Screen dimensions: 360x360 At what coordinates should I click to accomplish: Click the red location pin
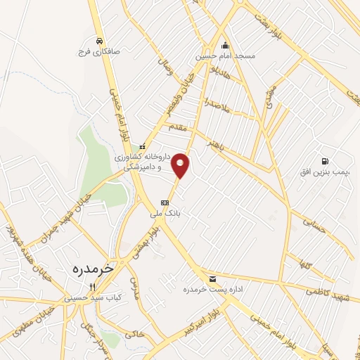pyautogui.click(x=181, y=165)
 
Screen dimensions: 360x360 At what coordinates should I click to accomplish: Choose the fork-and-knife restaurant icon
pyautogui.click(x=91, y=287)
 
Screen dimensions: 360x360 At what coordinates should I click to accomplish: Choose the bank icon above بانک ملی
pyautogui.click(x=165, y=202)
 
